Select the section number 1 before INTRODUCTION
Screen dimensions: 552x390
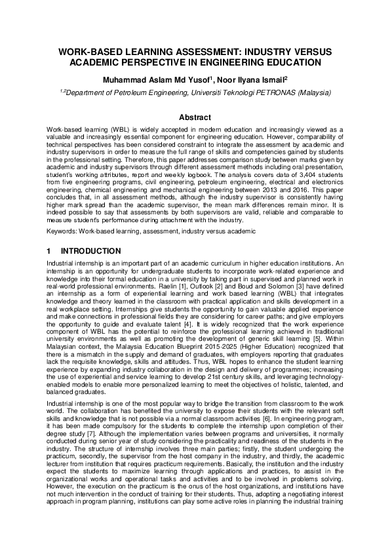[49, 251]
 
